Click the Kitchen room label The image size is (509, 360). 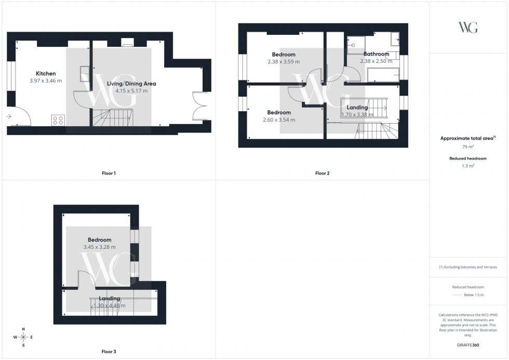pyautogui.click(x=46, y=74)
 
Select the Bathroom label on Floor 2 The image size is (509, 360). pyautogui.click(x=376, y=54)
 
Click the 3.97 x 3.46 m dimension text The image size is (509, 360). pyautogui.click(x=46, y=81)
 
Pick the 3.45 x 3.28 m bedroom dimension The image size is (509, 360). pyautogui.click(x=99, y=247)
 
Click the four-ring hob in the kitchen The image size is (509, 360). pyautogui.click(x=58, y=121)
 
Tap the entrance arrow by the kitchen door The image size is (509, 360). pyautogui.click(x=9, y=117)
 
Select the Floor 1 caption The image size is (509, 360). pyautogui.click(x=109, y=173)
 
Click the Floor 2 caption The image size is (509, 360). pyautogui.click(x=322, y=173)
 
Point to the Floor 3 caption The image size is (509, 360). pyautogui.click(x=109, y=352)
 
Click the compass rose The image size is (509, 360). pyautogui.click(x=23, y=337)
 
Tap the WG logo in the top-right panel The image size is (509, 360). pyautogui.click(x=468, y=28)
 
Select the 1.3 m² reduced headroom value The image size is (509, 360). pyautogui.click(x=468, y=166)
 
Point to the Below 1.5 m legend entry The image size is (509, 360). pyautogui.click(x=473, y=295)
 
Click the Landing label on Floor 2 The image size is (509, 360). pyautogui.click(x=357, y=108)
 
